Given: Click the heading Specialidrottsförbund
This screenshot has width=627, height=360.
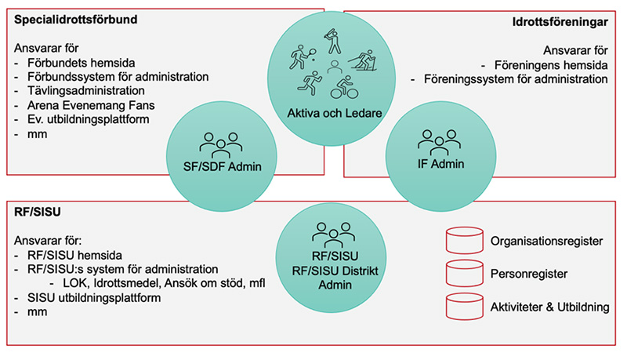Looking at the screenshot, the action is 75,20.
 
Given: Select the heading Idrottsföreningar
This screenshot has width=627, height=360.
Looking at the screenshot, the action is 560,22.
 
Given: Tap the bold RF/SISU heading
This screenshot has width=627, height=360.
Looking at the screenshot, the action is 38,212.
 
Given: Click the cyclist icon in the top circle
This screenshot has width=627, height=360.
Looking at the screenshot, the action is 344,87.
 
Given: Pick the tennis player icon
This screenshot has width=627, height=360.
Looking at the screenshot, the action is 303,56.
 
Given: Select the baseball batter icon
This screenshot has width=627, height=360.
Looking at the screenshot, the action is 332,41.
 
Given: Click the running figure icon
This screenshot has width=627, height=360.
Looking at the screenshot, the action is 310,83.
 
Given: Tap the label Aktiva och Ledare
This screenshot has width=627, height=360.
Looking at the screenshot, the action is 335,113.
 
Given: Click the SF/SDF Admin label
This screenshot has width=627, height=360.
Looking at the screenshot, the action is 223,166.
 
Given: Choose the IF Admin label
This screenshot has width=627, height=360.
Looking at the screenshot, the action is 441,164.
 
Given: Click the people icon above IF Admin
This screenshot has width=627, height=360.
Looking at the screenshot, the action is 440,142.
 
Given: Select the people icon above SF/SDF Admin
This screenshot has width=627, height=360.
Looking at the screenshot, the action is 221,145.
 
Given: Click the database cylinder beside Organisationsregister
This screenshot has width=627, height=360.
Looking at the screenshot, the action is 465,241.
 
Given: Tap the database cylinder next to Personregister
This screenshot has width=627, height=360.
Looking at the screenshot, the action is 465,273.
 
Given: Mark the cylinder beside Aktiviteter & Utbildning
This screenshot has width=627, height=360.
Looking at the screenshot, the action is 465,307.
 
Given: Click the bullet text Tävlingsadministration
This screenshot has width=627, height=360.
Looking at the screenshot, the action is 86,91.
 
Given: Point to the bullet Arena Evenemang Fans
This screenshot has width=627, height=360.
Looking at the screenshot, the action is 91,105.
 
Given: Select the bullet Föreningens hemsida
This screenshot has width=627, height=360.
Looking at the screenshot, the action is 551,65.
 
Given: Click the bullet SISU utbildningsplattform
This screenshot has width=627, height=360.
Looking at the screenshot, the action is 94,298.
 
